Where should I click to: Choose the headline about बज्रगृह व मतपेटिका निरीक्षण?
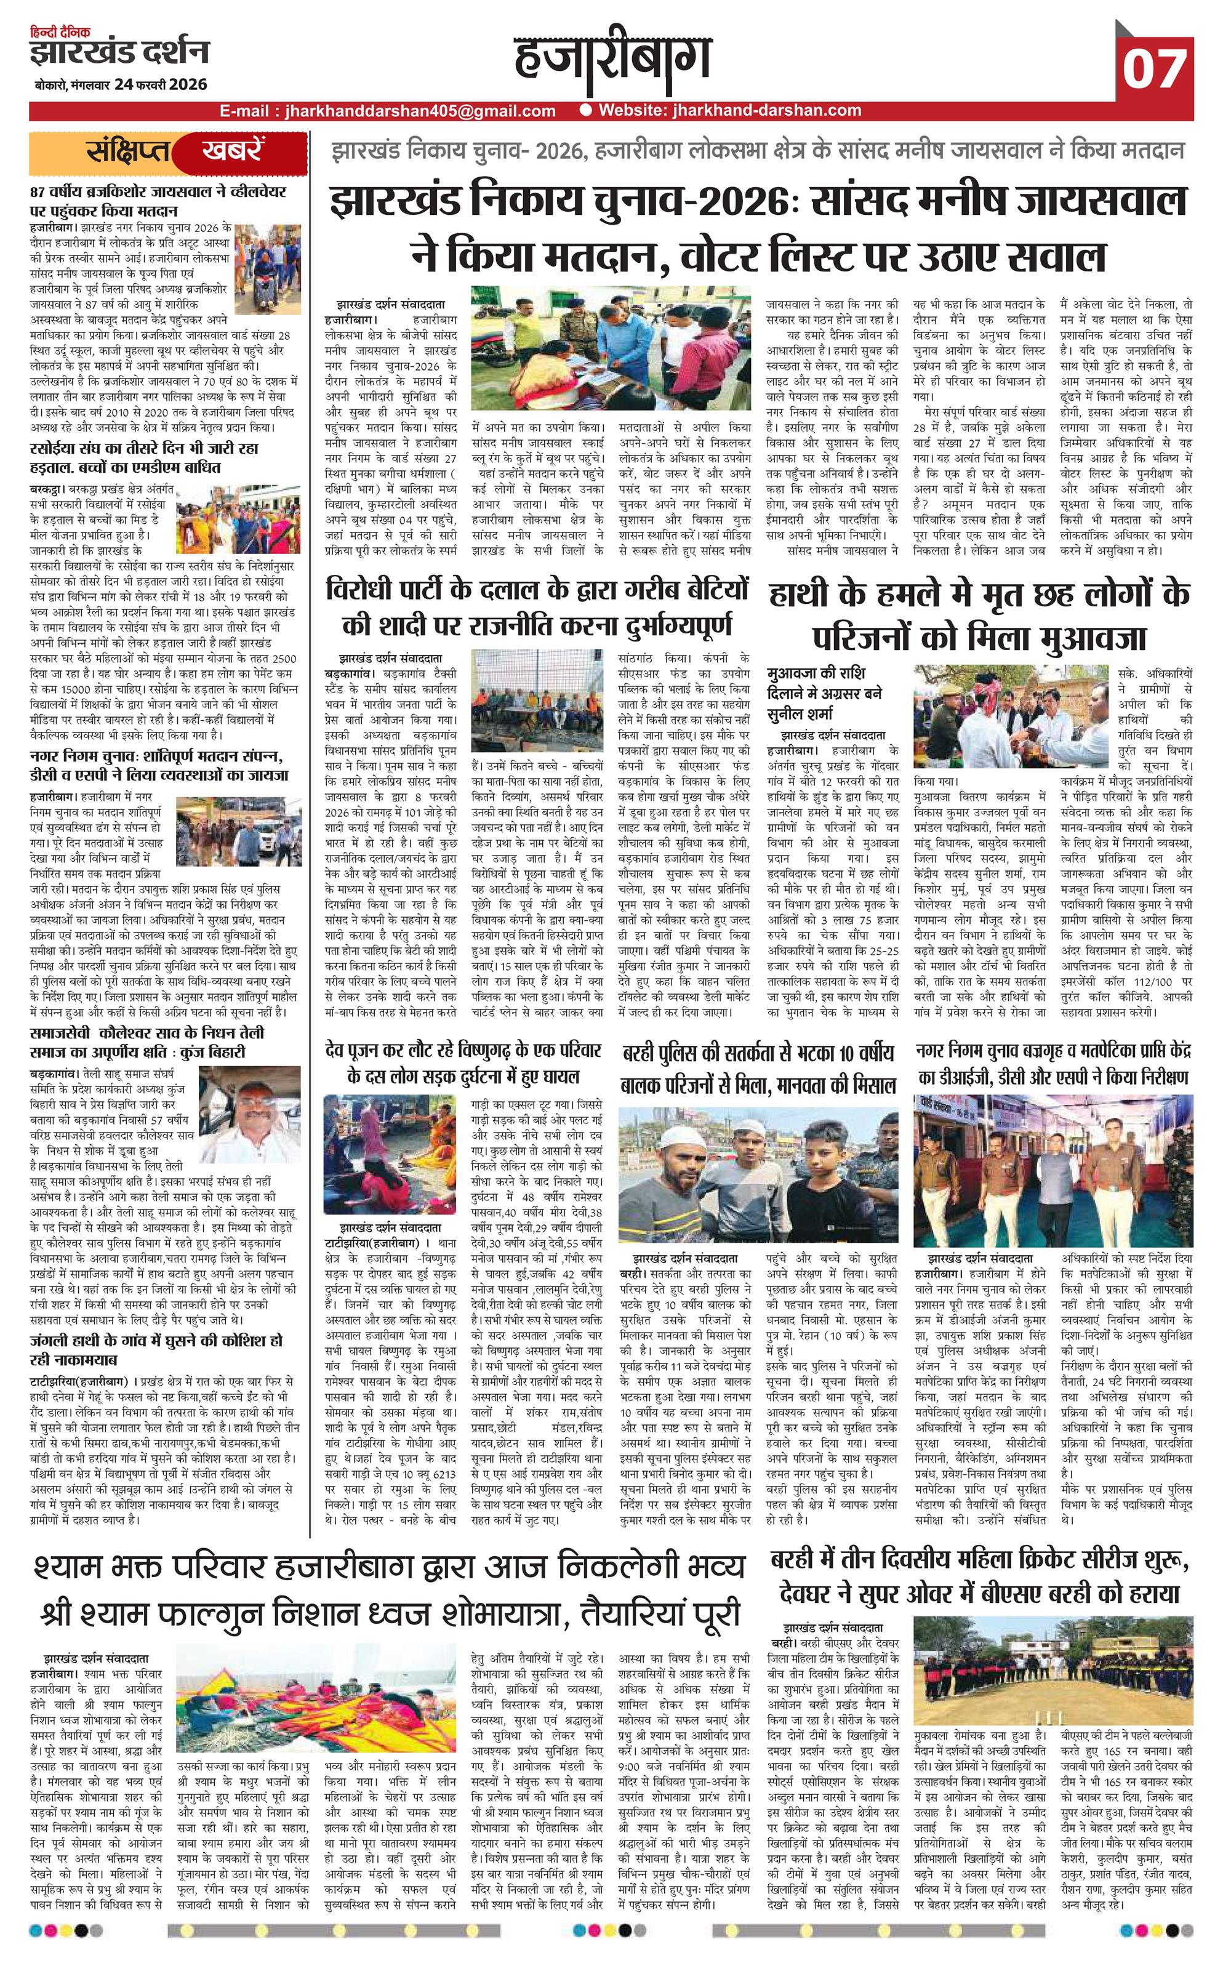click(x=1053, y=1064)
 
